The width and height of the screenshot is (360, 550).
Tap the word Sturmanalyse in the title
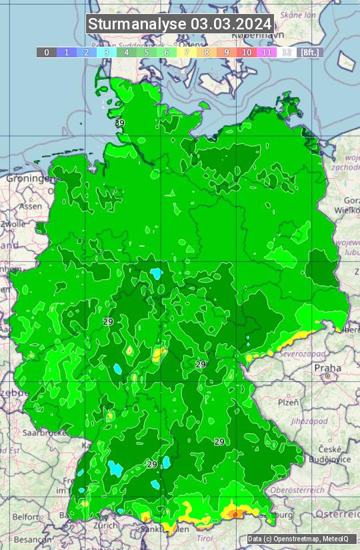click(137, 25)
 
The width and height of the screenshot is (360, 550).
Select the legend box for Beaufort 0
click(47, 52)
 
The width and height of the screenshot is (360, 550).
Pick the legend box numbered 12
click(287, 52)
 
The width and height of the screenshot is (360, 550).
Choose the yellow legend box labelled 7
click(187, 52)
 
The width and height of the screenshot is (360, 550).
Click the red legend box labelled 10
click(247, 52)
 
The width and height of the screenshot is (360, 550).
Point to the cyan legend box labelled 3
click(107, 52)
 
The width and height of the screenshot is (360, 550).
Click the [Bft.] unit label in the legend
click(309, 52)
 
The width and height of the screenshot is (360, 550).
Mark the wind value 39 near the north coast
click(119, 123)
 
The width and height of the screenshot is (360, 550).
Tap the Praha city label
click(327, 368)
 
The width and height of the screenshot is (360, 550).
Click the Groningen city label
click(28, 179)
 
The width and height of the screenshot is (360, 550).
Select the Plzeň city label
click(288, 402)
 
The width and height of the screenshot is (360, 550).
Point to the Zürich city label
click(105, 525)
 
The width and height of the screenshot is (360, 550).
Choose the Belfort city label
click(26, 517)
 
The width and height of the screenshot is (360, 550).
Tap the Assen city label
click(30, 207)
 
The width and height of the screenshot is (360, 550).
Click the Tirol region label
click(205, 537)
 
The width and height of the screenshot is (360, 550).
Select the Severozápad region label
click(301, 353)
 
